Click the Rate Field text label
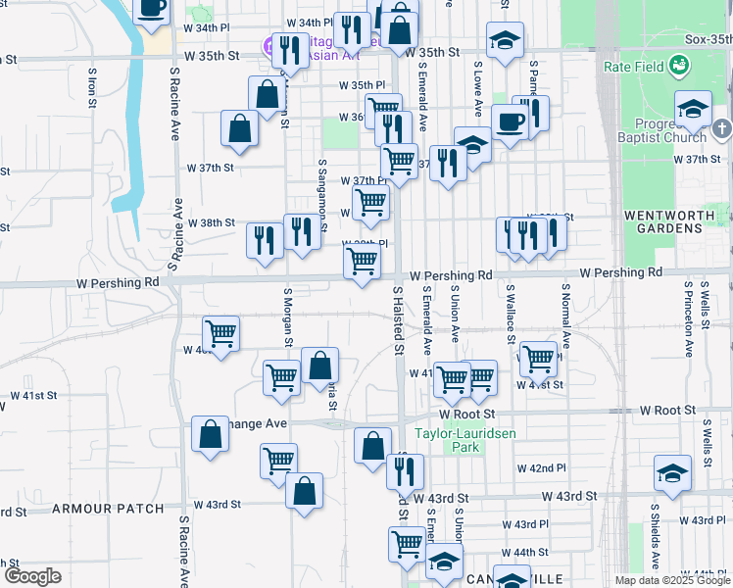632,67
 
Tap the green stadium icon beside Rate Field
677,66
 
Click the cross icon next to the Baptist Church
721,128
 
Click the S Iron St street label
91,86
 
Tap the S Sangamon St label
321,195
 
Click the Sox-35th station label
709,39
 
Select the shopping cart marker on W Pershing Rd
362,262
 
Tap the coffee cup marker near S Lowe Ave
510,122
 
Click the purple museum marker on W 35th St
270,44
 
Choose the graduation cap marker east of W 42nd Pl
672,474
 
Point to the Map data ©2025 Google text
671,580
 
